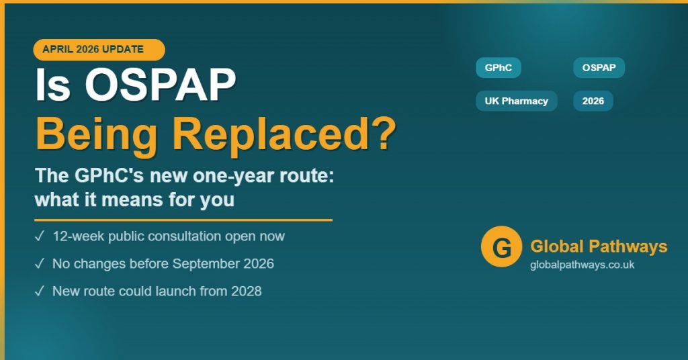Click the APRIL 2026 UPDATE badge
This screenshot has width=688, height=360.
(98, 50)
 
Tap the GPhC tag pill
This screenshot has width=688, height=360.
(498, 68)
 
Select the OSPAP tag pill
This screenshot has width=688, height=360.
(599, 68)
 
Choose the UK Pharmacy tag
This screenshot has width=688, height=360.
(516, 101)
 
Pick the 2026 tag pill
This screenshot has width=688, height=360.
(593, 101)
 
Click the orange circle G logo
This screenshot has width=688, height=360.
(501, 247)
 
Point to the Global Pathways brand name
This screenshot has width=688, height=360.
(599, 246)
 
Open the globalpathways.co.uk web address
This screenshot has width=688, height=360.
(582, 265)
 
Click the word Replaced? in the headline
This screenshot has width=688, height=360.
(284, 134)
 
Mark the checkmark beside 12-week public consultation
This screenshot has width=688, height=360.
(40, 236)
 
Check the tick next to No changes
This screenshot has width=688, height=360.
(40, 264)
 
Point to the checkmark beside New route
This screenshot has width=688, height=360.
(40, 291)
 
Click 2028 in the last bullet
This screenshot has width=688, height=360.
(247, 291)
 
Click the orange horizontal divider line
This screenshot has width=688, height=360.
(183, 220)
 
